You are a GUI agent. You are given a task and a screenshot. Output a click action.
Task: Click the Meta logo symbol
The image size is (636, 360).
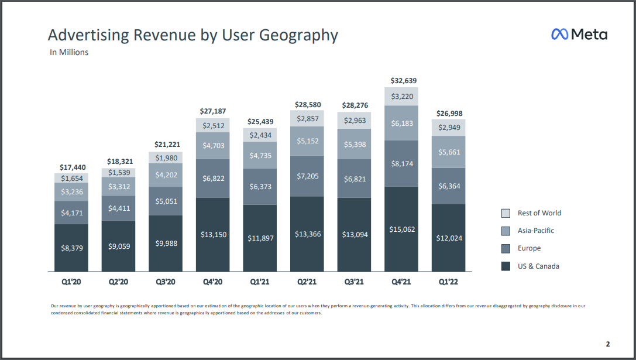(559, 35)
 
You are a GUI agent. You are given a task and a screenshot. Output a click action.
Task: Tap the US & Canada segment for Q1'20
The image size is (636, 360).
(71, 248)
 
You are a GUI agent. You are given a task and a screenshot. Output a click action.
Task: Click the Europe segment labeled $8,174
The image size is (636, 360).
(401, 164)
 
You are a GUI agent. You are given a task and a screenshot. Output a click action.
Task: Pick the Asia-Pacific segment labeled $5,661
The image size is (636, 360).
(449, 152)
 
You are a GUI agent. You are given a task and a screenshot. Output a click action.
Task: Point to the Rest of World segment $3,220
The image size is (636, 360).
(401, 96)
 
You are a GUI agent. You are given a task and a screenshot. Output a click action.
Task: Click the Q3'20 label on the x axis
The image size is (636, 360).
(166, 282)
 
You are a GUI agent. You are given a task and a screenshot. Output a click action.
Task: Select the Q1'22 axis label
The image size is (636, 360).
(449, 282)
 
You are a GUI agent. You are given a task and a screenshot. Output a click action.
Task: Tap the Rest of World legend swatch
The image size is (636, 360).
(506, 213)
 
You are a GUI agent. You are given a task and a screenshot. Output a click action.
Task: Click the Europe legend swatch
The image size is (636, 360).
(506, 249)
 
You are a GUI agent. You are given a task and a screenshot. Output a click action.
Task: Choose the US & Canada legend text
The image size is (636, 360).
(538, 266)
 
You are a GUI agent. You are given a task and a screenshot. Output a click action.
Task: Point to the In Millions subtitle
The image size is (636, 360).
(69, 52)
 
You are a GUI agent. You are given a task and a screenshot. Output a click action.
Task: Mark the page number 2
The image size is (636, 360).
(607, 344)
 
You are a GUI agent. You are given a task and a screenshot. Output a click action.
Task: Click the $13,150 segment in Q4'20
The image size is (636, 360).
(213, 235)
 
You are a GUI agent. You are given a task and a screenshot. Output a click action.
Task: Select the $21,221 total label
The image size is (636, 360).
(167, 144)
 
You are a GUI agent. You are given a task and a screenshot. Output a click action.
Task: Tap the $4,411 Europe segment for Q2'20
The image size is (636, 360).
(119, 208)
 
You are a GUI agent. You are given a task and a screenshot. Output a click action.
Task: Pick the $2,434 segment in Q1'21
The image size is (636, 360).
(260, 135)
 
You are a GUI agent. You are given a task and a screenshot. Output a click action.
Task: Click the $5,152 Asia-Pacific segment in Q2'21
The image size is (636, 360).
(307, 141)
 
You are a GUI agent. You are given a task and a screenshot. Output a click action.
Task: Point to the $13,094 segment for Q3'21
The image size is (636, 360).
(355, 235)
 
